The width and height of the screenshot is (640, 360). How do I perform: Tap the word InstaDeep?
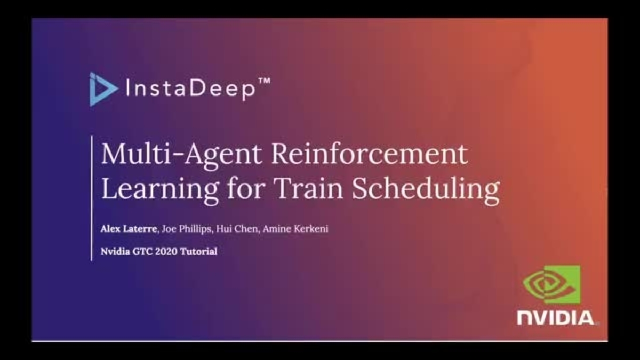pos(189,89)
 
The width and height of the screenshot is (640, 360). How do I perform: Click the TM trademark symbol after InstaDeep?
pos(264,82)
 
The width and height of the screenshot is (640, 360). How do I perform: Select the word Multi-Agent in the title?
pos(181,155)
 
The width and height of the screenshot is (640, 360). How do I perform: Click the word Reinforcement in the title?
pos(370,155)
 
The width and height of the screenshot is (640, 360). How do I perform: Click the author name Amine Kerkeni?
pos(299,229)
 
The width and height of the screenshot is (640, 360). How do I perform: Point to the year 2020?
pos(164,251)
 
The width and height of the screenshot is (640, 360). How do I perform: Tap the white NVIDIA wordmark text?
pos(555,318)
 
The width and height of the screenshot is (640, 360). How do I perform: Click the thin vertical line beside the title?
pos(92,198)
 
